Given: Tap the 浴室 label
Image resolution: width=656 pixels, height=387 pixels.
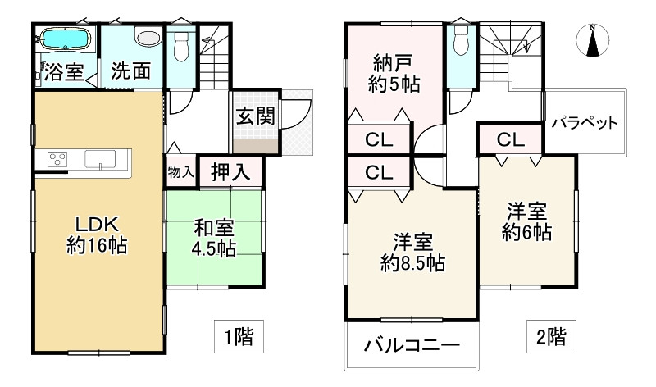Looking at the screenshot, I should point(63,72).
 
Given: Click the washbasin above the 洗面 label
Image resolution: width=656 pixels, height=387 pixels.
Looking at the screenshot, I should point(148,39).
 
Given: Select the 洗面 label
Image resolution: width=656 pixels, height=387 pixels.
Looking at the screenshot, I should point(131,72).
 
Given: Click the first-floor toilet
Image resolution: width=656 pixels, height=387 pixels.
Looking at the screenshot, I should point(181,42).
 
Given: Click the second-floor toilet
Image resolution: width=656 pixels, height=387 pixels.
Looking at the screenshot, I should point(461,39).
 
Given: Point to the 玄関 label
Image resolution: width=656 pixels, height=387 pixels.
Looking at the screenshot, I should point(256,116).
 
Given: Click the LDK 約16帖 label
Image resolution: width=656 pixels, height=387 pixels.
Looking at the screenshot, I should point(97,234).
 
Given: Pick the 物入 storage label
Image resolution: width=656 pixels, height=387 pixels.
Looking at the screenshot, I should point(180,172).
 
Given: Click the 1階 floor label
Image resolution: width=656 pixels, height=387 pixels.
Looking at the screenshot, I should point(238,335).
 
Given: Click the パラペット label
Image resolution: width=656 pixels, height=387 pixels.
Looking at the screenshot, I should point(584,124).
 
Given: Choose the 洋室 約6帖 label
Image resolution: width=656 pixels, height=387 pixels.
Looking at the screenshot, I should point(526,221).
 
